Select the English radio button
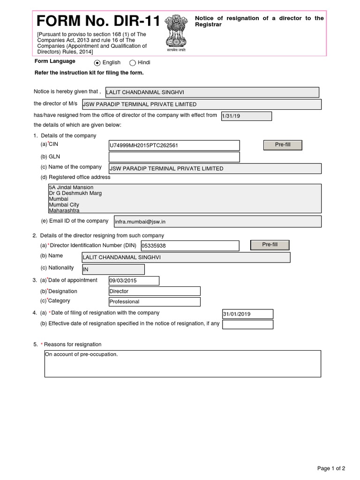[x=97, y=63]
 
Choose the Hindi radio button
[x=133, y=63]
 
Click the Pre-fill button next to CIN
[x=283, y=145]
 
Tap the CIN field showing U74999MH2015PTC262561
[x=174, y=145]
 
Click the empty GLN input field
[x=174, y=157]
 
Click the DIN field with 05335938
[x=190, y=246]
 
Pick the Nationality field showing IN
[x=113, y=270]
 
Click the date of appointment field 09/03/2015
[x=134, y=281]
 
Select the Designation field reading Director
[x=154, y=291]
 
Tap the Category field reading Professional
[x=154, y=302]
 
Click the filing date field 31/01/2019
[x=247, y=314]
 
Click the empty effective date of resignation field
[x=247, y=324]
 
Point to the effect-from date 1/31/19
[x=246, y=116]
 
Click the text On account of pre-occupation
[x=82, y=354]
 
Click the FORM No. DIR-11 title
[x=98, y=22]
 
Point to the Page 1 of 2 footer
[x=331, y=468]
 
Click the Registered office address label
[x=79, y=177]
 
